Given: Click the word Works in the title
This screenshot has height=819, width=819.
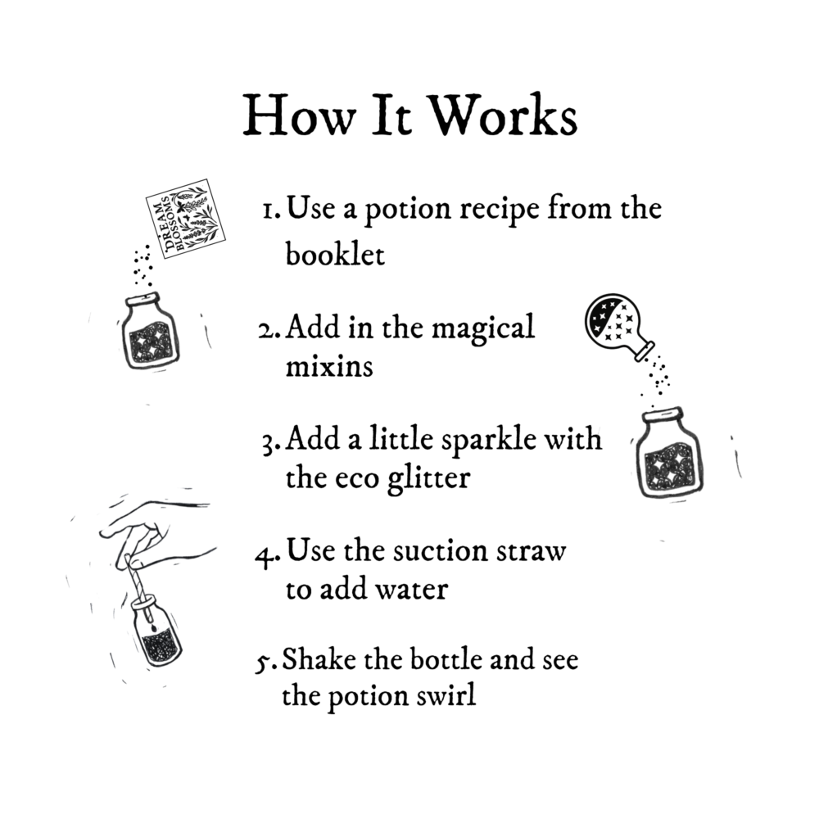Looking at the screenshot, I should click(x=505, y=115).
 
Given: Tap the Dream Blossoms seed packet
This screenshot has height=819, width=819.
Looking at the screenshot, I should click(x=179, y=217).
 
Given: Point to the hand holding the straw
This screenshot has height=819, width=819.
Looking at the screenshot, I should click(x=147, y=528).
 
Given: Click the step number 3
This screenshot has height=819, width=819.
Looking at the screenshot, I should click(x=269, y=443).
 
